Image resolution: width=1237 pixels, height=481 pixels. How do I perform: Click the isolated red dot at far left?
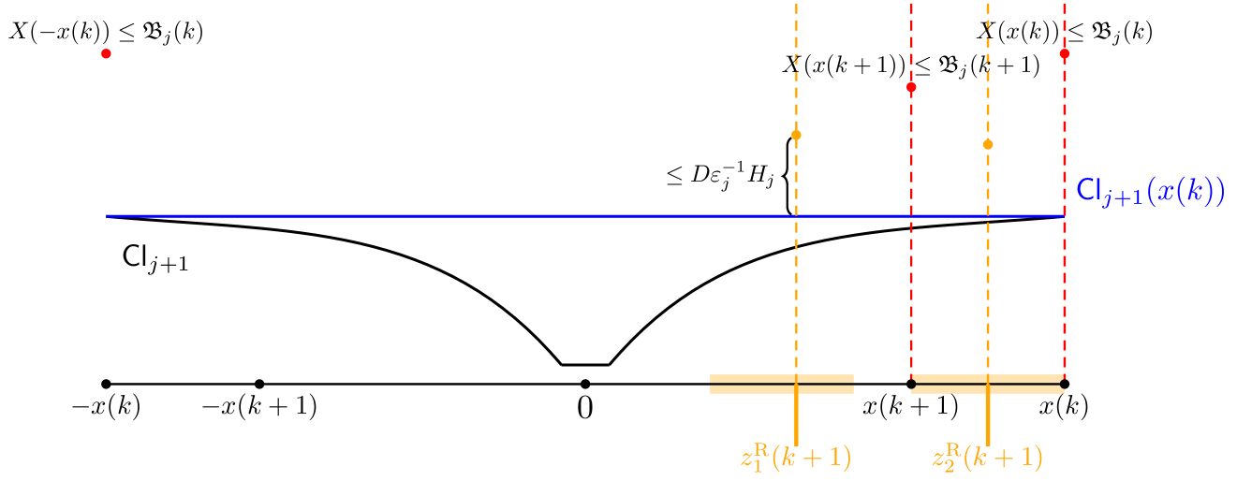106,53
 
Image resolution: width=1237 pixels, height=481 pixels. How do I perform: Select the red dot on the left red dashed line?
911,87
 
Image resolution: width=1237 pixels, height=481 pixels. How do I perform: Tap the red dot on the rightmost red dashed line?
1064,53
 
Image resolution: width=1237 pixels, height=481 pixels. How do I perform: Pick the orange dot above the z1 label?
796,135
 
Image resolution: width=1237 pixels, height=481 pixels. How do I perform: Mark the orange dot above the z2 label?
987,144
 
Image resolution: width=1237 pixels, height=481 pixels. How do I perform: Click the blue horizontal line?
468,216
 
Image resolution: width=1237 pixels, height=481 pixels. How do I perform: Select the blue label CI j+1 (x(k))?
1150,192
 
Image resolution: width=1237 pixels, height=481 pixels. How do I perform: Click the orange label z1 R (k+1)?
795,458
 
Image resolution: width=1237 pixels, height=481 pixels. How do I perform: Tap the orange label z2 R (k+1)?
987,458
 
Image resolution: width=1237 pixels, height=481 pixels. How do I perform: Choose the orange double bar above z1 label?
781,384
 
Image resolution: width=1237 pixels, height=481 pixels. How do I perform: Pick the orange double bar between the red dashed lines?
987,384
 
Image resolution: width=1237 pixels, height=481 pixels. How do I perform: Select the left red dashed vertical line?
911,281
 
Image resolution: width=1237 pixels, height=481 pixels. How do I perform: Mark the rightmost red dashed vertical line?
1065,281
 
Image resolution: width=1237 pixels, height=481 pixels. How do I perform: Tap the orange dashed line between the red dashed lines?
987,281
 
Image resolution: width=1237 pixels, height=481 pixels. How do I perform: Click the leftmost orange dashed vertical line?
796,281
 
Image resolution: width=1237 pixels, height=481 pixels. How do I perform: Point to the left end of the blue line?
108,216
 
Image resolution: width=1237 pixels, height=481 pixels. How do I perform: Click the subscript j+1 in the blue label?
1120,201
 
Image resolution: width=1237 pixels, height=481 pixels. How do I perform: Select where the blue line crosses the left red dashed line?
911,216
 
